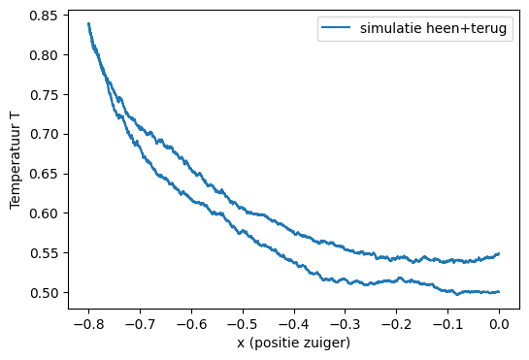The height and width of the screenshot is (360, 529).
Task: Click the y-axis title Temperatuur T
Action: pos(16,160)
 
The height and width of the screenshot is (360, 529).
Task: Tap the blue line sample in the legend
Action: pos(336,30)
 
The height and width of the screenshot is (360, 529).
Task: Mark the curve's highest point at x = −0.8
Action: pos(88,23)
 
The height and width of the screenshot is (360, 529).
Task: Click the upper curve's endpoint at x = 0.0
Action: pos(499,254)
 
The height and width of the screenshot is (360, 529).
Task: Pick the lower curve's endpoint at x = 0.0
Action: pos(499,292)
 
